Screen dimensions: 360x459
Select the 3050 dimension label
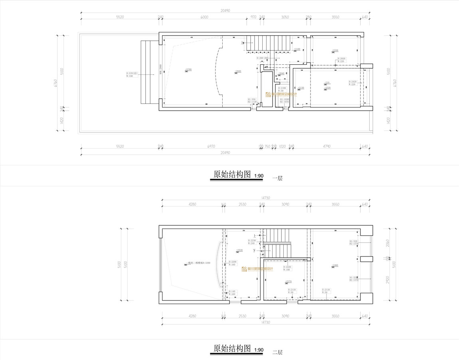(285, 17)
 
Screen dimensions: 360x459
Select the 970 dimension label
(253, 17)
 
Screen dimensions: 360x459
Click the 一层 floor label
(277, 178)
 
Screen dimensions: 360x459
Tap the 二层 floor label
(277, 352)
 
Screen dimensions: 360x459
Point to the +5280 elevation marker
(188, 70)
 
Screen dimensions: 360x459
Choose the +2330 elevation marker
(334, 51)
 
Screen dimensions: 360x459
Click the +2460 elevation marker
(334, 265)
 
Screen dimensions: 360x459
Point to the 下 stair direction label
(255, 251)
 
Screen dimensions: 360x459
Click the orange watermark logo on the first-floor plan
(282, 95)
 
